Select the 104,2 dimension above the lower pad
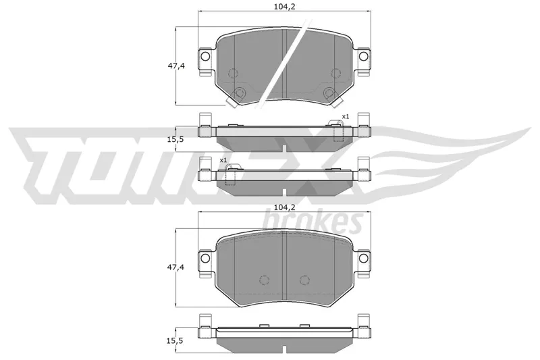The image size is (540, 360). pos(284,207)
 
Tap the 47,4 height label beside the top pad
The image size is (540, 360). pos(176,66)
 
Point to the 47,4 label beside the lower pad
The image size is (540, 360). pos(176,267)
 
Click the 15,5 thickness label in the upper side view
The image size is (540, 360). pos(176,140)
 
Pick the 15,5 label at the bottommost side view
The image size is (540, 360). pos(176,341)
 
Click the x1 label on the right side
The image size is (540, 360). pos(345,116)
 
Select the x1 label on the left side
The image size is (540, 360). pos(223,160)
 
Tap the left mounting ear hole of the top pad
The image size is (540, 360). pos(205,56)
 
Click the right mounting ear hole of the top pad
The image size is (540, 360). pos(364,56)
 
